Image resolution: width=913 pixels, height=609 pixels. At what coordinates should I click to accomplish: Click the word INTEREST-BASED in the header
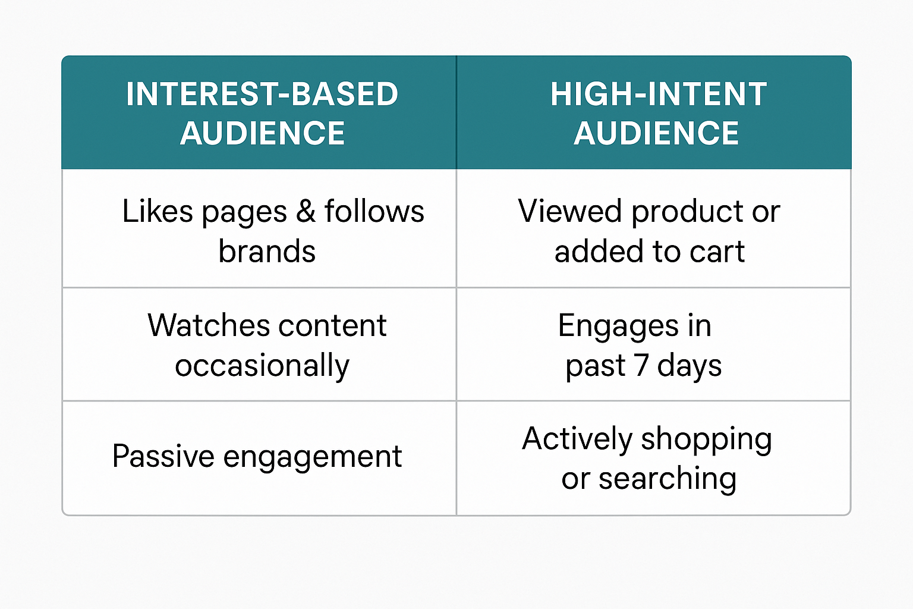(262, 94)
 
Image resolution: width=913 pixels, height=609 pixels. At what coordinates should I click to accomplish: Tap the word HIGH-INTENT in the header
(659, 94)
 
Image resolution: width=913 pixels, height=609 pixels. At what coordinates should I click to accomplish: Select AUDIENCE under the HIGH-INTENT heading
(656, 133)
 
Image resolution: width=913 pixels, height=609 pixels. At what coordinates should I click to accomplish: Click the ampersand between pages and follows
(306, 211)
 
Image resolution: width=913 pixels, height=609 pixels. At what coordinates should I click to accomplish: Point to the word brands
(267, 251)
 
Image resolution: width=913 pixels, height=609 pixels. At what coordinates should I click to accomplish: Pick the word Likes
(158, 211)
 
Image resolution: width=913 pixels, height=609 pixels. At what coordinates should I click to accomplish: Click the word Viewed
(569, 211)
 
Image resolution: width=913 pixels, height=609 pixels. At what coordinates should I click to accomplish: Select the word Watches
(209, 325)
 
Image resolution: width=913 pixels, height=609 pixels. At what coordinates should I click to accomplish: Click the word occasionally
(262, 366)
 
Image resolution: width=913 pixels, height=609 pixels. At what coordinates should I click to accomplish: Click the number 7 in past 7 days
(641, 366)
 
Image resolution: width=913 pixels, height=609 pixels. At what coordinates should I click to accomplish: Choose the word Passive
(163, 456)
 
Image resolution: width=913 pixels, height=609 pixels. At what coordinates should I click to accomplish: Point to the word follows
(374, 211)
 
